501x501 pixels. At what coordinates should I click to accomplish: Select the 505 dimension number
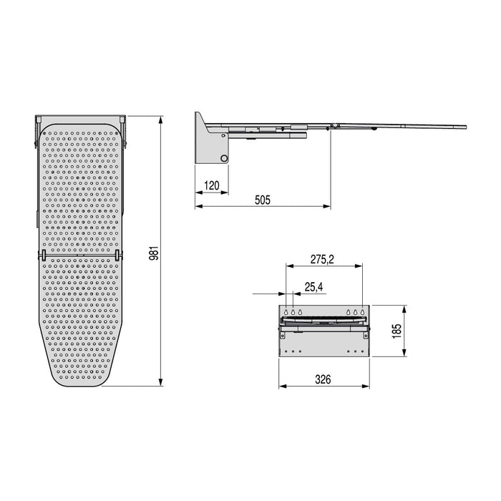click(x=263, y=200)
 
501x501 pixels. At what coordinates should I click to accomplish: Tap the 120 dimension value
click(x=212, y=186)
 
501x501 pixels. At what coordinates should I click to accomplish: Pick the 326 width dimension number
click(x=324, y=380)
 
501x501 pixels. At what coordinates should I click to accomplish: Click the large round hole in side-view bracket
click(x=224, y=158)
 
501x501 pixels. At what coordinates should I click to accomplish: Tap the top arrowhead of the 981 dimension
click(x=160, y=117)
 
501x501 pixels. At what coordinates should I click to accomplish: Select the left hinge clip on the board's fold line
click(x=42, y=255)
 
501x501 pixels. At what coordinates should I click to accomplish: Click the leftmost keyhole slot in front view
click(x=286, y=312)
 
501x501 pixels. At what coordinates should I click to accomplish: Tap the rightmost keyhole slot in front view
click(x=362, y=312)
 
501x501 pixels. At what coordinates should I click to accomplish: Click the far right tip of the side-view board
click(x=465, y=127)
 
